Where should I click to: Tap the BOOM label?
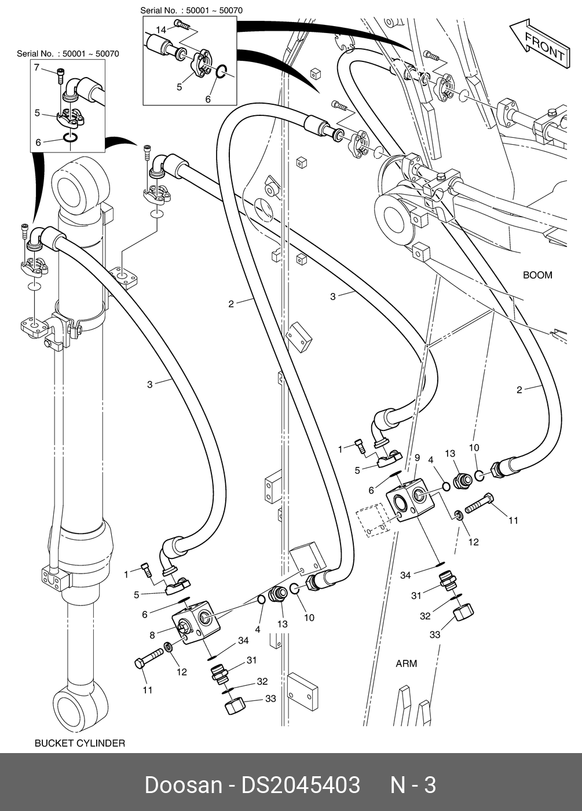pyautogui.click(x=537, y=275)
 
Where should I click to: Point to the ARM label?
pyautogui.click(x=406, y=663)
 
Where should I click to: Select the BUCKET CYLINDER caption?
pyautogui.click(x=80, y=743)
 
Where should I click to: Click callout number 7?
pyautogui.click(x=36, y=68)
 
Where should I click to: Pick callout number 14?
pyautogui.click(x=160, y=30)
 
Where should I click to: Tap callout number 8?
pyautogui.click(x=152, y=635)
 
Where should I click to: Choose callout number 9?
pyautogui.click(x=417, y=458)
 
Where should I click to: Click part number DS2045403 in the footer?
pyautogui.click(x=301, y=785)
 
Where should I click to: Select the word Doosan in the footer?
pyautogui.click(x=182, y=785)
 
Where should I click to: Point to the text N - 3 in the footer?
pyautogui.click(x=412, y=785)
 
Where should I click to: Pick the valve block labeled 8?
pyautogui.click(x=197, y=624)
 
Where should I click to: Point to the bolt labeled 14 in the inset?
pyautogui.click(x=183, y=24)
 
